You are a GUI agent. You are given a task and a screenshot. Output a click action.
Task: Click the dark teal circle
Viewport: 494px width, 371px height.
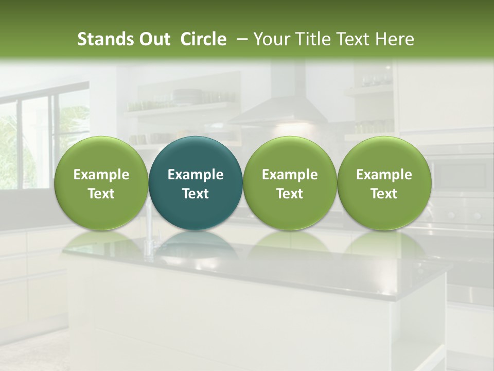[x=196, y=183]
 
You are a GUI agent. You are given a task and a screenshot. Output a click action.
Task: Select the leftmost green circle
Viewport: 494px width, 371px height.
[x=101, y=183]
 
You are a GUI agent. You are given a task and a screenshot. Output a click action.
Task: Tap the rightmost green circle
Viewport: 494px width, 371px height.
[x=384, y=183]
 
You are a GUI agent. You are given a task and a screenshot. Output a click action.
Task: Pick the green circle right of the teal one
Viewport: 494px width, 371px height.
[x=290, y=183]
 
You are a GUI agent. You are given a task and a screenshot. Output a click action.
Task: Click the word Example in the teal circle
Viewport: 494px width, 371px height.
[x=196, y=175]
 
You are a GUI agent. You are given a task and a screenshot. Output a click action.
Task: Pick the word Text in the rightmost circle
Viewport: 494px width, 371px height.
[x=384, y=194]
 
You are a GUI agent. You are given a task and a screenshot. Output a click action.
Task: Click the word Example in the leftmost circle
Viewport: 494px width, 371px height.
[x=101, y=175]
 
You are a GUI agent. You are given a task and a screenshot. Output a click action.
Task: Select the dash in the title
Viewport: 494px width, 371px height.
[x=240, y=39]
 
